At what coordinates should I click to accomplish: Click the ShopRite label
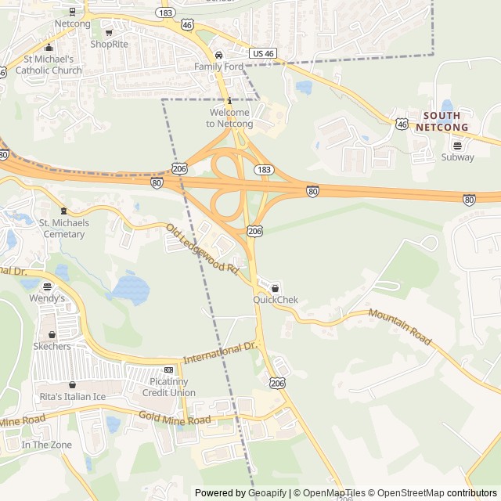coord(108,44)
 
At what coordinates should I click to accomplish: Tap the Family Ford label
coord(218,67)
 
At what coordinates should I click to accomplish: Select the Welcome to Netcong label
coord(229,118)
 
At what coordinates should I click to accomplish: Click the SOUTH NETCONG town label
coord(442,121)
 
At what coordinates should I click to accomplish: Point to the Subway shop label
coord(457,157)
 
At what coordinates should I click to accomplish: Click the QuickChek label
coord(275,300)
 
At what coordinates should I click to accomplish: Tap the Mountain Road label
coord(399,326)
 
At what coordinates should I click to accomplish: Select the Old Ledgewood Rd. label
coord(202,249)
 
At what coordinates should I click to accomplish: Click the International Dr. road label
coord(220,352)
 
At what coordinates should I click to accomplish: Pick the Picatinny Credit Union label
coord(172,387)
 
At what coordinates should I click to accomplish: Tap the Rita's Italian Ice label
coord(72,397)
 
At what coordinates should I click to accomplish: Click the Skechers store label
coord(52,346)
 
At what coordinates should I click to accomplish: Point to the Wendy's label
coord(48,298)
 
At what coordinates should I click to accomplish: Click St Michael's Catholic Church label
coord(52,64)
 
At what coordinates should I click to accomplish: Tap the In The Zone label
coord(46,445)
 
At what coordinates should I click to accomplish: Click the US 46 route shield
coord(263,53)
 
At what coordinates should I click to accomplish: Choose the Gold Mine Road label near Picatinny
coord(175,419)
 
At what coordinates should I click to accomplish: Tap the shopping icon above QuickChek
coord(275,287)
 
